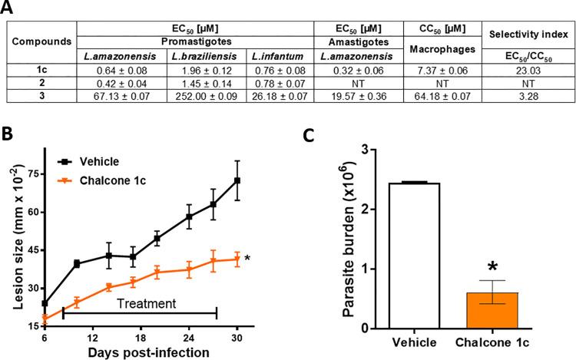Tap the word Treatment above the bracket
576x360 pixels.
point(146,303)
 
